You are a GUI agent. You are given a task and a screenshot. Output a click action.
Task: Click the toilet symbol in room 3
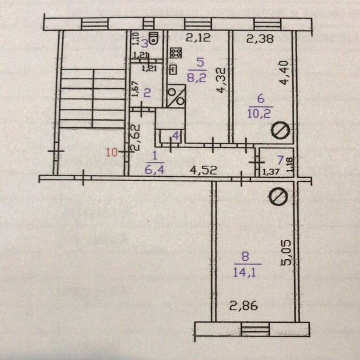153,38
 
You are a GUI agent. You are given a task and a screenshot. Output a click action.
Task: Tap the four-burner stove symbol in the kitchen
176,53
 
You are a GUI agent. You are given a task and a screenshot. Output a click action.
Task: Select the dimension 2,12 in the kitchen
198,37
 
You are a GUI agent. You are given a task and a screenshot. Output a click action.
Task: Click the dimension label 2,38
260,38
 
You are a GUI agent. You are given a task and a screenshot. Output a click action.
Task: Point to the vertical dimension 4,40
285,73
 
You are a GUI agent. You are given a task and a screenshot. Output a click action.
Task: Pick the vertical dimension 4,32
221,80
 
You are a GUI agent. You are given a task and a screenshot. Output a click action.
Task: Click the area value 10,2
260,113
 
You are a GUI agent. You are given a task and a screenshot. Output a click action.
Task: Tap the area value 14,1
245,272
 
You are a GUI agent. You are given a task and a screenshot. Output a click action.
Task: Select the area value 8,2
196,78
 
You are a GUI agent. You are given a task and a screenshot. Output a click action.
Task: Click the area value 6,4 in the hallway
155,170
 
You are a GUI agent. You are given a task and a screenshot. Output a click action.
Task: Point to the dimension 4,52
203,170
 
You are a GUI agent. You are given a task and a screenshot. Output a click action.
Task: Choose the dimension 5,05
286,252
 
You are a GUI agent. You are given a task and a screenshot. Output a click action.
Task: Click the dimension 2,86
244,306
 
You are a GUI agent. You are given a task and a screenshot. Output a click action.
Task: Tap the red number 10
112,152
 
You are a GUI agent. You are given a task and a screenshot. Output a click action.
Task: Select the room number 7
280,160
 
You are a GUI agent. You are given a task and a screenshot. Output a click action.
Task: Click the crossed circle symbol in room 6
280,130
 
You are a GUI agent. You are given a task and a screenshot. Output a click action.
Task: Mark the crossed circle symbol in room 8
278,197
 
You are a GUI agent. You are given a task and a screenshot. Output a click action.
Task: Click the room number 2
147,93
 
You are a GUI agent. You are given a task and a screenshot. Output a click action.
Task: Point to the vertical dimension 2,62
135,138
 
